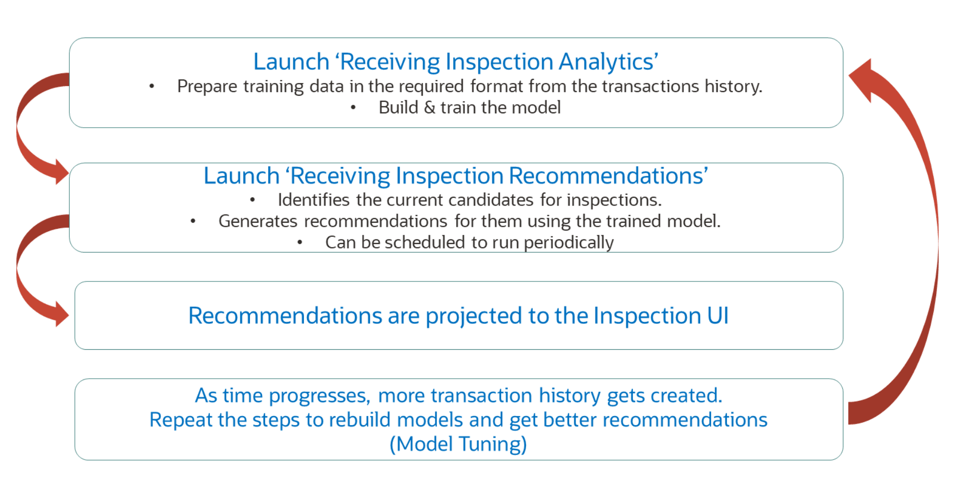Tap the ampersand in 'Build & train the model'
pyautogui.click(x=429, y=108)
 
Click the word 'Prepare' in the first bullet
pyautogui.click(x=207, y=87)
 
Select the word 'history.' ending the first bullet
pyautogui.click(x=733, y=87)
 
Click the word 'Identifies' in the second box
pyautogui.click(x=314, y=200)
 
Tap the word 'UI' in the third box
pyautogui.click(x=718, y=316)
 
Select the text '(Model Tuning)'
pyautogui.click(x=458, y=444)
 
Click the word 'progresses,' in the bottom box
pyautogui.click(x=321, y=396)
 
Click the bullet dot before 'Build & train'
pyautogui.click(x=353, y=108)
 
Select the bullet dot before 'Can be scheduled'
pyautogui.click(x=299, y=243)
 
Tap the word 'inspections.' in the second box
pyautogui.click(x=614, y=200)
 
